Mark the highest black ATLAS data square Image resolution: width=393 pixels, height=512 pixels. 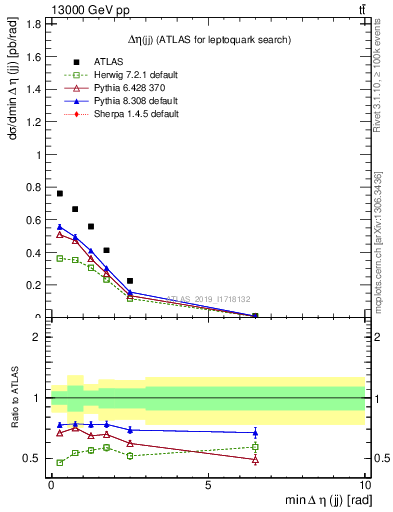[x=60, y=194]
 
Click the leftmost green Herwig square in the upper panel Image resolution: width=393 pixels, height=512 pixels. [x=60, y=258]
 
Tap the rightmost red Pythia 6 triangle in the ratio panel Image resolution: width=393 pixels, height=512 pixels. [x=255, y=460]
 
